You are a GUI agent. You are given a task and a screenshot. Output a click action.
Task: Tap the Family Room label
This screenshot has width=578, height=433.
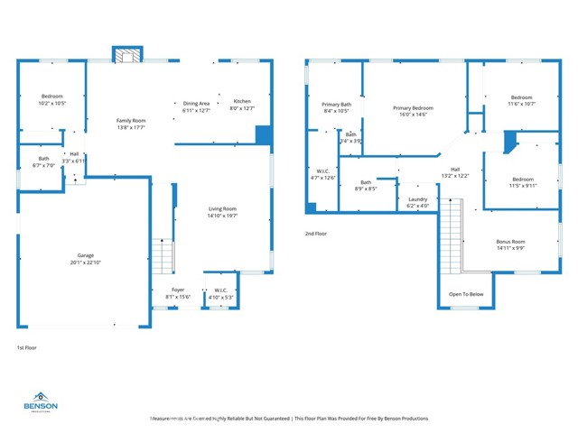[x=131, y=120]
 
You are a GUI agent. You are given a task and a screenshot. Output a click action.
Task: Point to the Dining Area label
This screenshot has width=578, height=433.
[x=196, y=103]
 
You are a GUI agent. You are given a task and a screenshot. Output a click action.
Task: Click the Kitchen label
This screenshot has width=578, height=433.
[x=242, y=101]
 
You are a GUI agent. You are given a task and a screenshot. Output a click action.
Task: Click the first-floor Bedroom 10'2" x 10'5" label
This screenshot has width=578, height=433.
[x=51, y=96]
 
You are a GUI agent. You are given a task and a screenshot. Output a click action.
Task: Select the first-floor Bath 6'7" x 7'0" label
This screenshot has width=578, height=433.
[x=43, y=159]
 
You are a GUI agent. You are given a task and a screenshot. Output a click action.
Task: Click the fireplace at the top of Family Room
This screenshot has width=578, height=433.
[x=127, y=56]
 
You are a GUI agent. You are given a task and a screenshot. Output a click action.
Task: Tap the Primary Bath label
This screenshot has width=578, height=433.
[x=336, y=105]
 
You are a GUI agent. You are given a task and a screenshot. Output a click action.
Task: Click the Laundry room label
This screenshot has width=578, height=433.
[x=417, y=199]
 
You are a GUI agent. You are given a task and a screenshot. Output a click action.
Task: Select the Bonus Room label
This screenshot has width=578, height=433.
[x=510, y=242]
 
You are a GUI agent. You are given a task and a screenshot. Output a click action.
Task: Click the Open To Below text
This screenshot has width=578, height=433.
[x=466, y=294]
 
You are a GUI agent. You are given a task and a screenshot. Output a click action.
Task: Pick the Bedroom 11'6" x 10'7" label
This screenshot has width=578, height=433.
[x=522, y=97]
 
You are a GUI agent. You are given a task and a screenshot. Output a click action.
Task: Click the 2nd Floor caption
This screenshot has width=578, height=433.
[x=317, y=234]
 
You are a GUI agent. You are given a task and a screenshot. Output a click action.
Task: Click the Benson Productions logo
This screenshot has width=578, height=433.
[x=42, y=401]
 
